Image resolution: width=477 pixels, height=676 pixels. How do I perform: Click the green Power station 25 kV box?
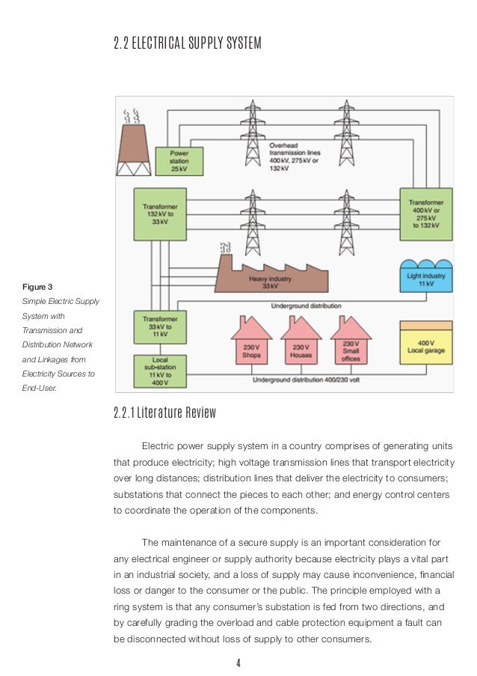pos(179,161)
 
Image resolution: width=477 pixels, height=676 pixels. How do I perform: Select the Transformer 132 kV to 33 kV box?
pos(160,214)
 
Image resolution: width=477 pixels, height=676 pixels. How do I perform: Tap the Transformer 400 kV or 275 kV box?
pos(426,214)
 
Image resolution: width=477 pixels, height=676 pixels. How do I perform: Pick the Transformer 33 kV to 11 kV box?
pos(160,327)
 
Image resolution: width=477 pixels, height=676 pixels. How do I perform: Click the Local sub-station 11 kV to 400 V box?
pos(160,371)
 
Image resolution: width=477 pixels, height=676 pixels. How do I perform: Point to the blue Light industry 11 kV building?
pos(426,276)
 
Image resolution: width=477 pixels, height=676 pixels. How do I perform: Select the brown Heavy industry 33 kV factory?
pos(271,276)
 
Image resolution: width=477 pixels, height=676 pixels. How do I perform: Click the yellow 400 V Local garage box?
pos(426,343)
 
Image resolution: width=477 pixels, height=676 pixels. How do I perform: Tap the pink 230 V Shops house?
pos(251,343)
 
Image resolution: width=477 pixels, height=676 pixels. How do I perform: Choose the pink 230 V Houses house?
pos(301,343)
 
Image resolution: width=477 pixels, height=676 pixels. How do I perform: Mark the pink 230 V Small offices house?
pos(351,343)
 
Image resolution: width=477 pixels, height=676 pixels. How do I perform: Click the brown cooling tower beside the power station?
pos(134,149)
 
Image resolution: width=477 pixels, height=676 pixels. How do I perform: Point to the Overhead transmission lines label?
pos(295,157)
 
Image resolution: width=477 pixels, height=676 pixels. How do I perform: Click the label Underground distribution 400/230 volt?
pos(306,380)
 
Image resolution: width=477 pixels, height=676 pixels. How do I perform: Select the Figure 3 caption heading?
pos(37,287)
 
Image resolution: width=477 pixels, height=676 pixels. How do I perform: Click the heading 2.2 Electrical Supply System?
pos(188,43)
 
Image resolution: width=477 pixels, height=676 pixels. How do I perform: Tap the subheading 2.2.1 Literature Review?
pos(165,412)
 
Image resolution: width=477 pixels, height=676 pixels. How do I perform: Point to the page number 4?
pos(238,663)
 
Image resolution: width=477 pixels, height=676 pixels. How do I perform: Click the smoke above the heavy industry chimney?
pos(225,248)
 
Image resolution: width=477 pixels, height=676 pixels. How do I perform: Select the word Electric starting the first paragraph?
pos(158,446)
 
